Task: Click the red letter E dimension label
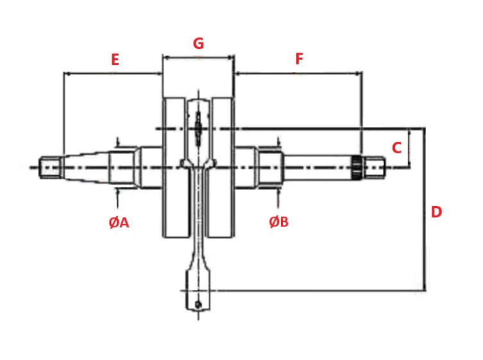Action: click(x=115, y=60)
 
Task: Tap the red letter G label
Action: click(x=198, y=44)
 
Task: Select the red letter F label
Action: click(x=299, y=59)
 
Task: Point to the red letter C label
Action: click(x=396, y=148)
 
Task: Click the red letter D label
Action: click(x=436, y=212)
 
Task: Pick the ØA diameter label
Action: click(x=119, y=223)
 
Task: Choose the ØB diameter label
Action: click(x=278, y=222)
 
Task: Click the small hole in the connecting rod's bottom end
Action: click(x=198, y=304)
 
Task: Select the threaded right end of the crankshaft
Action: click(x=377, y=167)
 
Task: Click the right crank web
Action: click(x=223, y=167)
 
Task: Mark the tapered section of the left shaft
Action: click(x=87, y=167)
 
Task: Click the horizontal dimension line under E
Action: click(x=112, y=73)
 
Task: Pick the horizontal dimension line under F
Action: click(x=298, y=73)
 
